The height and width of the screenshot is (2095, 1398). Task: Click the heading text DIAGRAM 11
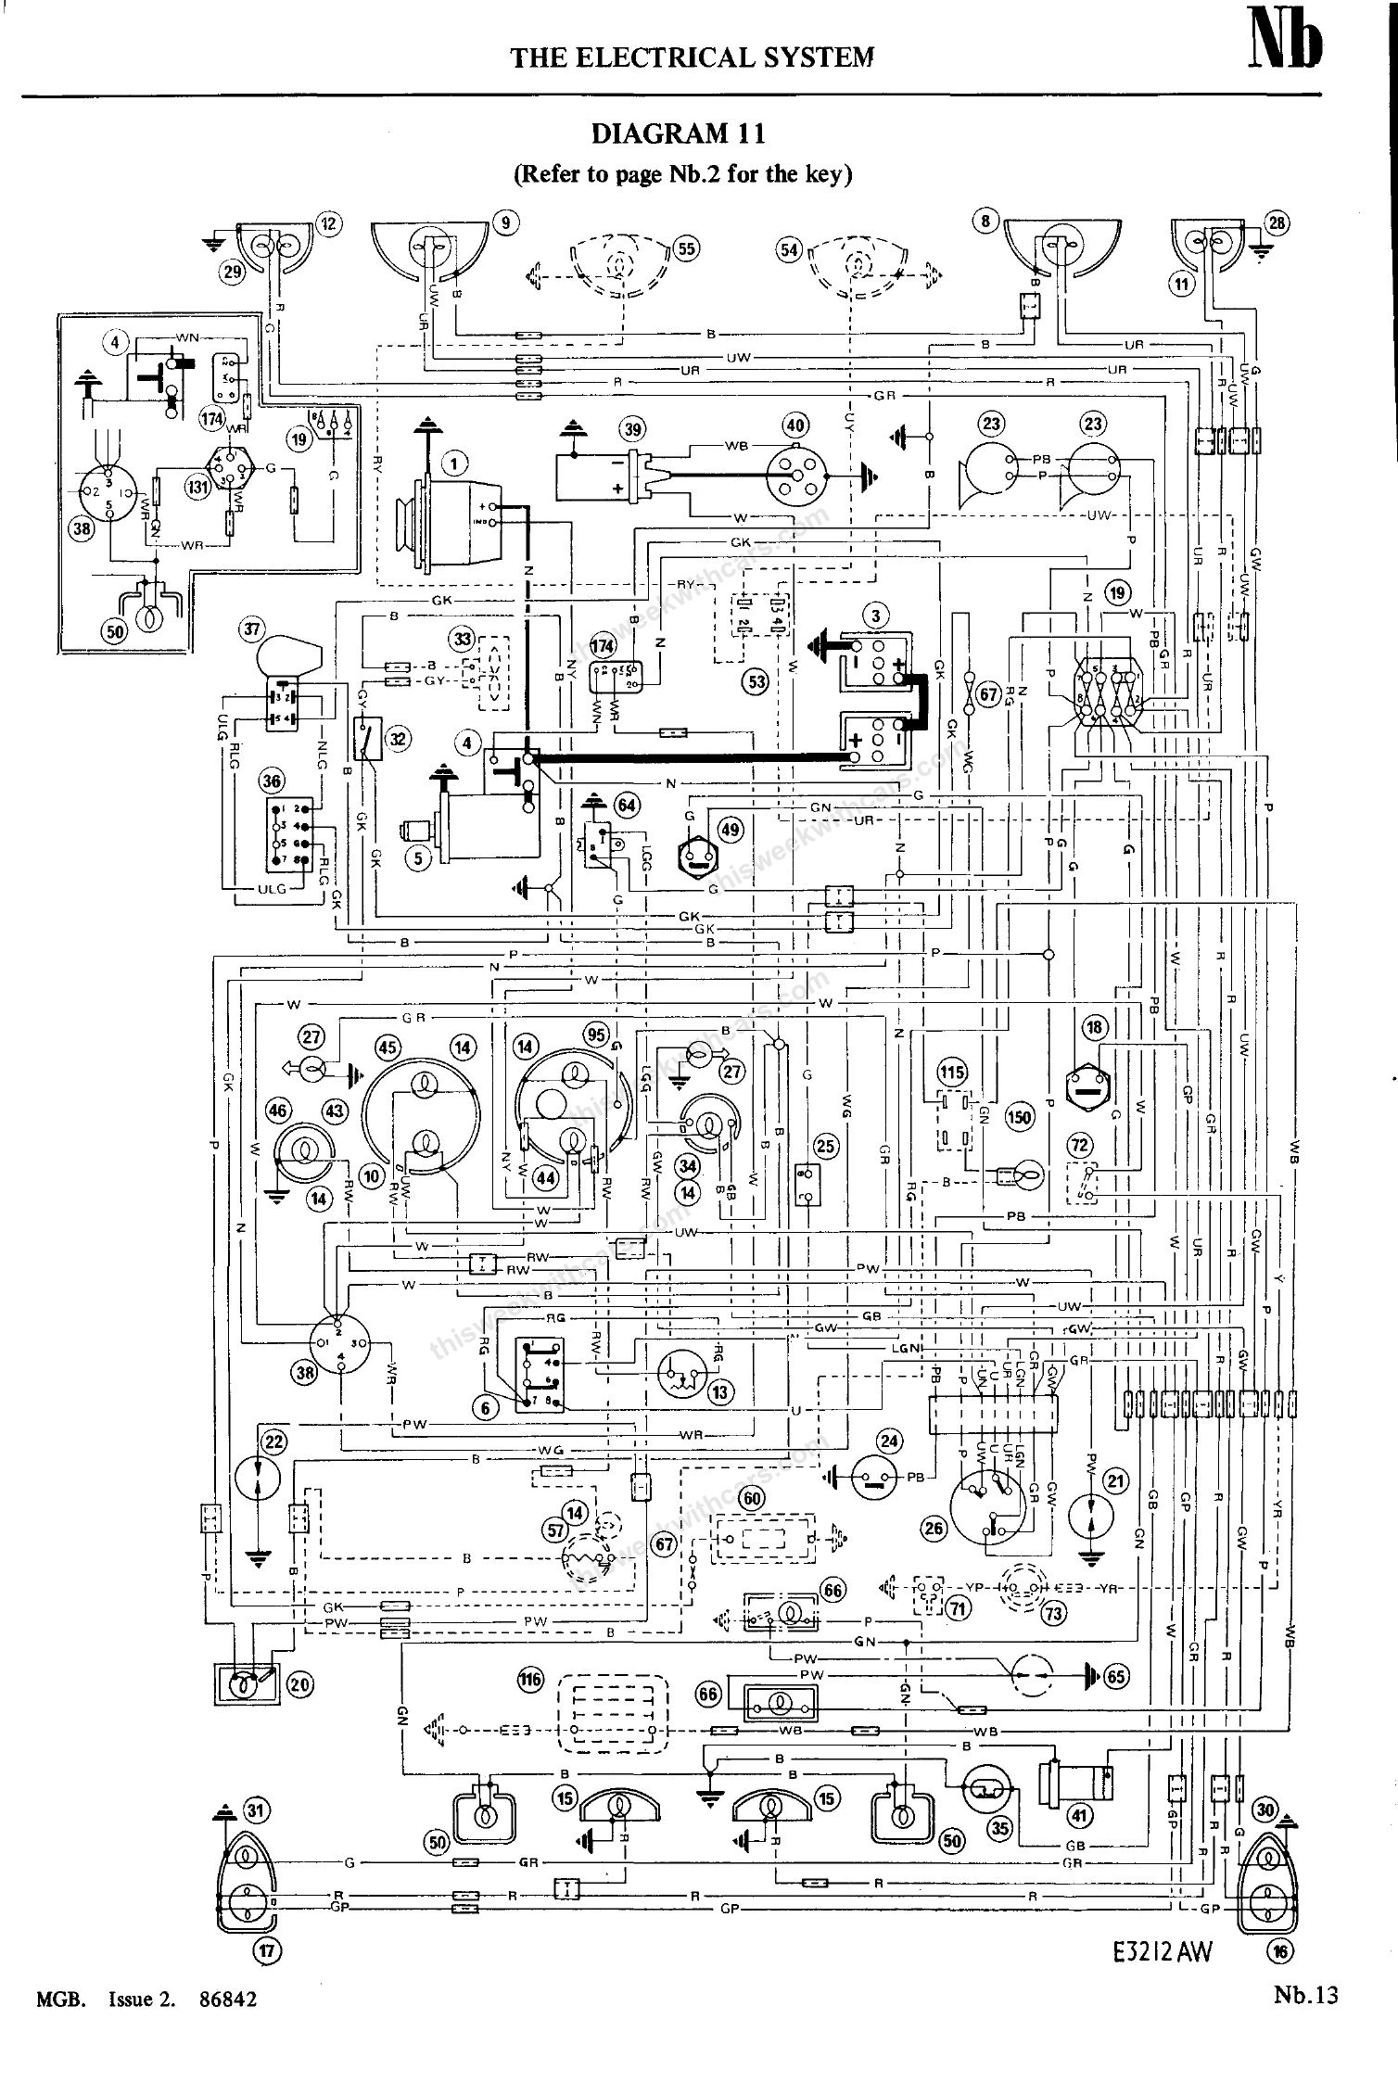[679, 134]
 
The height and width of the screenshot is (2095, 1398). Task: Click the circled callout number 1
[454, 463]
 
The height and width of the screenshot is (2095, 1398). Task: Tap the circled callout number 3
[874, 615]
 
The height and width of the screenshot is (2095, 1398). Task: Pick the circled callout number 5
[418, 858]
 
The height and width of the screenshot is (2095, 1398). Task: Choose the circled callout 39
[632, 428]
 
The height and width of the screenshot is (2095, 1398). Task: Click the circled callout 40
[794, 425]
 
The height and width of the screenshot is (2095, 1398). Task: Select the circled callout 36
[272, 781]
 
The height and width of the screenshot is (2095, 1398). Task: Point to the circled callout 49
[731, 830]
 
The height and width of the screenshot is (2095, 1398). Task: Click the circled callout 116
[530, 1678]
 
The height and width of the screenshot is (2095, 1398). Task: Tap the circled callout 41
[1080, 1814]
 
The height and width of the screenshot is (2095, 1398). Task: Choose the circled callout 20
[300, 1684]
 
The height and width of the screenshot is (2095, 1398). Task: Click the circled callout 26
[934, 1529]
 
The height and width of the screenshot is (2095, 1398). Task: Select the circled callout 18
[1096, 1027]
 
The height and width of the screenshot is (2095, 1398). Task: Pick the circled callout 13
[719, 1392]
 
